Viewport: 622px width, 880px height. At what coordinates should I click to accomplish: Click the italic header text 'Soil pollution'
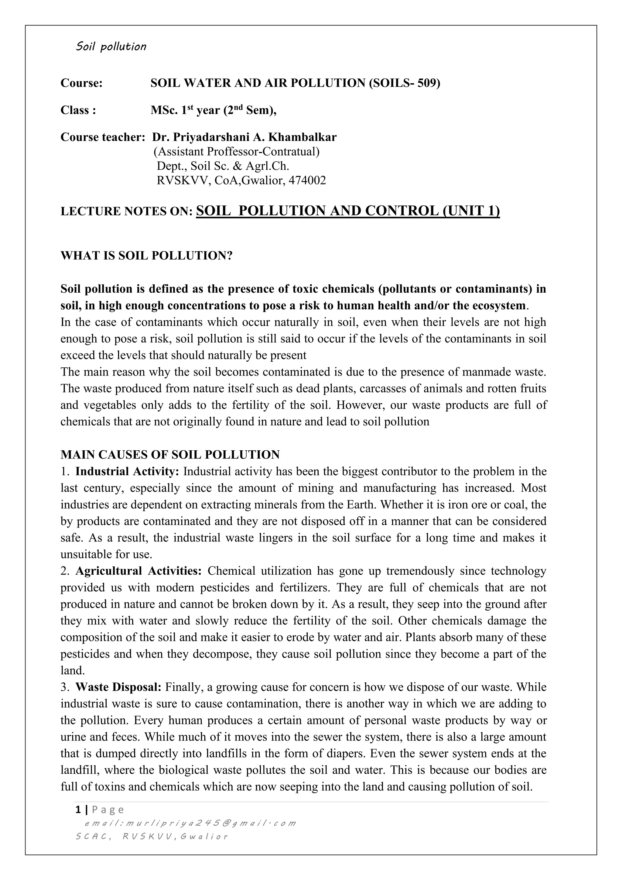[111, 47]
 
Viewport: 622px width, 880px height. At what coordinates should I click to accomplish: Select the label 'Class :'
[78, 110]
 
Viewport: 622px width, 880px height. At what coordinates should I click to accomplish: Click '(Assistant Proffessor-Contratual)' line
[236, 152]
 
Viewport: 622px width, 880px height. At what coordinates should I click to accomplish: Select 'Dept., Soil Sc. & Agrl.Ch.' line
[223, 166]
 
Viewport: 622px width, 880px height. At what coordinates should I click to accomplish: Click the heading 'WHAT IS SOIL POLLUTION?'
[147, 256]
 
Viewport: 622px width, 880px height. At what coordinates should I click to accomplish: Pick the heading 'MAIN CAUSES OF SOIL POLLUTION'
[170, 455]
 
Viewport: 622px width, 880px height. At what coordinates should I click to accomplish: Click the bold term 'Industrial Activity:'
[127, 471]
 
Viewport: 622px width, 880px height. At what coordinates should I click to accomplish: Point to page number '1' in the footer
[78, 810]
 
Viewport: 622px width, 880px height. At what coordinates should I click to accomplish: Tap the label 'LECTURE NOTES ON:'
[126, 211]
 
